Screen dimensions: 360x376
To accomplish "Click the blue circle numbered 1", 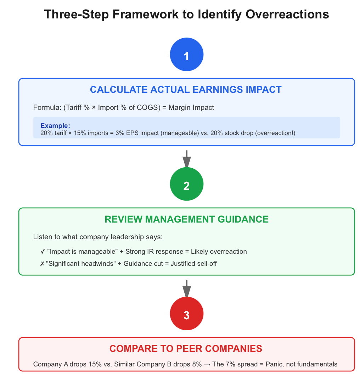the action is pos(187,55).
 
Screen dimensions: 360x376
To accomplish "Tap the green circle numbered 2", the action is pos(187,184).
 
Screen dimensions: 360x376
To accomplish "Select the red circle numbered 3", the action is pos(187,313).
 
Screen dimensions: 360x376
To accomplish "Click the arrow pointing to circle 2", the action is pos(187,159).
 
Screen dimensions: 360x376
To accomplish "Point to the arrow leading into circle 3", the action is pos(187,288).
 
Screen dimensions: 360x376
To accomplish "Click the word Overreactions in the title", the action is pos(287,14).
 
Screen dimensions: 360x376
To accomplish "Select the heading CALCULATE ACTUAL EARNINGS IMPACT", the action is pos(186,90).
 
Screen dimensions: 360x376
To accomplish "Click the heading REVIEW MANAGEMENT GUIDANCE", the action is pos(187,219).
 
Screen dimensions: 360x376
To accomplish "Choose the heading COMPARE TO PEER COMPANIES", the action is pos(186,349).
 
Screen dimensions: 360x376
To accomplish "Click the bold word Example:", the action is pos(55,126).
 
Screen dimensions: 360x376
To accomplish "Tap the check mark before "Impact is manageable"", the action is pos(43,251).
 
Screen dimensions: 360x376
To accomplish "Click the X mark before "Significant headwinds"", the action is pos(42,264).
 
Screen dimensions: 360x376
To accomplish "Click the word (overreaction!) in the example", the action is pos(275,133).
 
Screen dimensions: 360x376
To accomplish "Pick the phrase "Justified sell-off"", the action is pos(194,264).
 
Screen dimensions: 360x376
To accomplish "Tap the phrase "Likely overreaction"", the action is pos(219,252).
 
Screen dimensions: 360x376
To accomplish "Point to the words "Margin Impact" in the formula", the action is pos(191,107).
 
